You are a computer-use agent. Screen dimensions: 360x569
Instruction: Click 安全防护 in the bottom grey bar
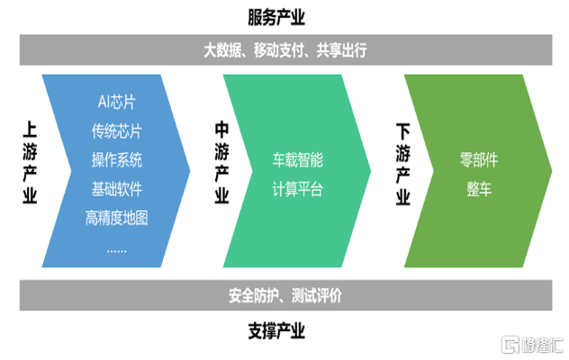pos(245,296)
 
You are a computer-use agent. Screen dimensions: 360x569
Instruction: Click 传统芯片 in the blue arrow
pos(116,131)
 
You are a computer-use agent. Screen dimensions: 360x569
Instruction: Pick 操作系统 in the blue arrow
pos(116,160)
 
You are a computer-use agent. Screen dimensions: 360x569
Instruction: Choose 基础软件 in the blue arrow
pos(116,189)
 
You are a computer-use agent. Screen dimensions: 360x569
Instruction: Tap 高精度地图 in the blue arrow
pos(116,218)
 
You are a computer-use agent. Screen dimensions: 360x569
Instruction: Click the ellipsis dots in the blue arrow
pos(116,247)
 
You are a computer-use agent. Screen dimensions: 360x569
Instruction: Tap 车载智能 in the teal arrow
pos(298,160)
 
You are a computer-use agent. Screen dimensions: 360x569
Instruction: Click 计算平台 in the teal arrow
pos(298,189)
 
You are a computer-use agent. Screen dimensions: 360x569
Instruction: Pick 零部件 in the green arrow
pos(479,160)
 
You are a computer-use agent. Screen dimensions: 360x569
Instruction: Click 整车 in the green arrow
pos(479,189)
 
